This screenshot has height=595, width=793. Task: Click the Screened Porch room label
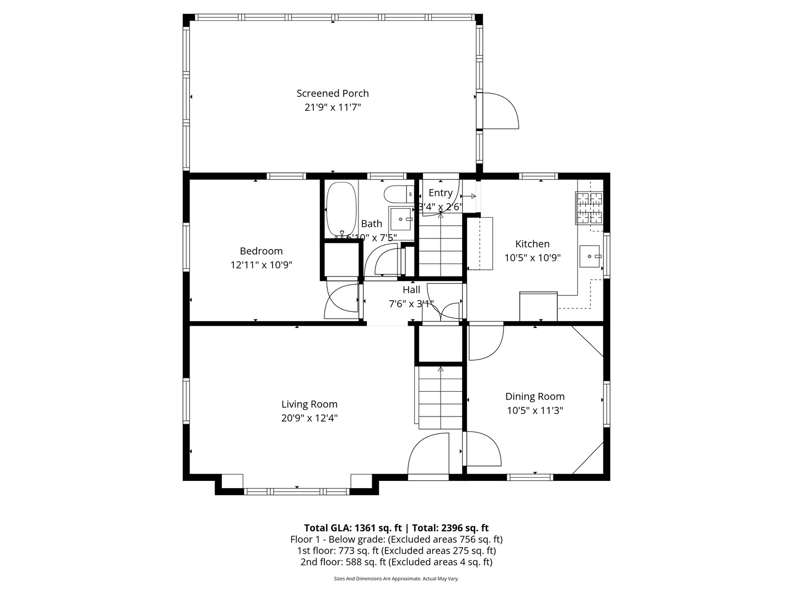coord(333,94)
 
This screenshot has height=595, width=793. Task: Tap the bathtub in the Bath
coord(342,210)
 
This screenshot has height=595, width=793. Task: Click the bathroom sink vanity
coord(401,219)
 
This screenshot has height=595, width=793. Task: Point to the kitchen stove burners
coord(590,208)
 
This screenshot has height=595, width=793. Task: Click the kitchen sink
coord(590,256)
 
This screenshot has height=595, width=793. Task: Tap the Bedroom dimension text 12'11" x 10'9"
coord(261,265)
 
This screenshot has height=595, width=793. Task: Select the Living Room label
coord(309,404)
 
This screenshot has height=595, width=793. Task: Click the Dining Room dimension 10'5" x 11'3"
coord(535,410)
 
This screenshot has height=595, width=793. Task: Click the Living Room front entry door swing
coord(428,455)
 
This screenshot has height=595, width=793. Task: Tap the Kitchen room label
coord(532,244)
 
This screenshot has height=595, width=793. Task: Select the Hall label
coord(411,290)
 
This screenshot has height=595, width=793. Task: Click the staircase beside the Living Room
coord(441,398)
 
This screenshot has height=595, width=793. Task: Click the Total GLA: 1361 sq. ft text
coord(352,528)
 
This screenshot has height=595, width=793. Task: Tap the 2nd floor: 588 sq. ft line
coord(396,562)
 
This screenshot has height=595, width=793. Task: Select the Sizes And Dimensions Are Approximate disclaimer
coord(396,579)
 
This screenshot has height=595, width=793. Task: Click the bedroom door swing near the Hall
coord(341,301)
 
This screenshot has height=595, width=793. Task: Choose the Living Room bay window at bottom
coord(297,491)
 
